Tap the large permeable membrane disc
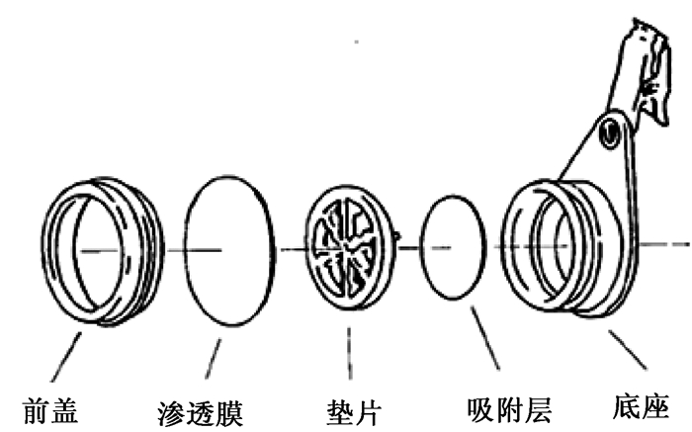pyautogui.click(x=229, y=247)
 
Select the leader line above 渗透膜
pyautogui.click(x=214, y=360)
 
